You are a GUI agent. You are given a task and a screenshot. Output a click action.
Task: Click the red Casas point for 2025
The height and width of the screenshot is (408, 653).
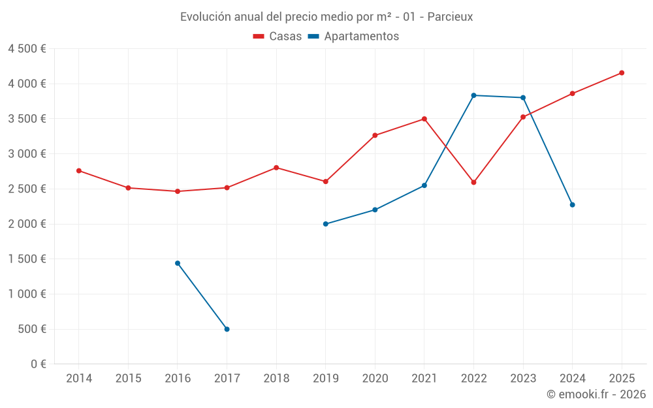(x=622, y=73)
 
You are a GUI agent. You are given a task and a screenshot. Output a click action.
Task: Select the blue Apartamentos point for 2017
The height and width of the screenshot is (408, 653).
(x=227, y=329)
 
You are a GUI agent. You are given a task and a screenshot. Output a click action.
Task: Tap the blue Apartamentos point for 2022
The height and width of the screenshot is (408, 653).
(x=473, y=95)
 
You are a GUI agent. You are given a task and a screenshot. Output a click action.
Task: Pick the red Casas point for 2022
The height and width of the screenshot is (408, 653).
(x=473, y=182)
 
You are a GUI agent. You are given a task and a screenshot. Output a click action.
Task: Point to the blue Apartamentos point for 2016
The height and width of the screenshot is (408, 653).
(x=178, y=263)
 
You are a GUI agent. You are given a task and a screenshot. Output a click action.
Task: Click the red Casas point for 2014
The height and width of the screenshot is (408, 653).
(x=79, y=171)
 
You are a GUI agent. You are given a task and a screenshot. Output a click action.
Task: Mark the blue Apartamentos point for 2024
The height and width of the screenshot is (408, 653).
(x=572, y=205)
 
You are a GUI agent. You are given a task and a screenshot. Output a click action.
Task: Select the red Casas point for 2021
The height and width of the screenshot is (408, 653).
(x=424, y=119)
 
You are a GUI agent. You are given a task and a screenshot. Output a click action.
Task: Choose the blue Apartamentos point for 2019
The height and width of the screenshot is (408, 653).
(x=325, y=224)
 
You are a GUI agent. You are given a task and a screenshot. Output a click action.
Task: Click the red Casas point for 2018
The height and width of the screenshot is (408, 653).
(x=276, y=168)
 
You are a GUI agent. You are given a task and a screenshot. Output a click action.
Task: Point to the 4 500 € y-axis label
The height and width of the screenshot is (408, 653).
(x=27, y=49)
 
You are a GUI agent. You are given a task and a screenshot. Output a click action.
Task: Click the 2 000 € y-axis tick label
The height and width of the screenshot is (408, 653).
(x=27, y=224)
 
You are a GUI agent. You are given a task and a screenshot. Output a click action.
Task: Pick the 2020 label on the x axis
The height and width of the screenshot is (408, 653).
(x=375, y=379)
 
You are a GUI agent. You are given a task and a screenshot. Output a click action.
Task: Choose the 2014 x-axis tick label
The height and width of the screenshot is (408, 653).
(x=79, y=379)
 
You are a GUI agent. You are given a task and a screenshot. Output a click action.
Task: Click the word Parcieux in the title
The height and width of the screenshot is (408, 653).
(x=450, y=17)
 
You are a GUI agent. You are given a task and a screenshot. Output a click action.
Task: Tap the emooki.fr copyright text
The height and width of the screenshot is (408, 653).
(x=596, y=394)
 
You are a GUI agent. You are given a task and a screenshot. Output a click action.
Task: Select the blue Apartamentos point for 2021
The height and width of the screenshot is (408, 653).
(x=424, y=185)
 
